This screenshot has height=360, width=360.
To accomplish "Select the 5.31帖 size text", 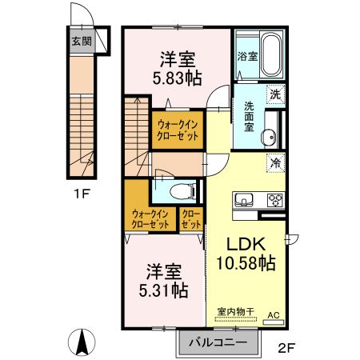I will click(x=166, y=290).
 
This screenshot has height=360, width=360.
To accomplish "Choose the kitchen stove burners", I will click(x=274, y=200).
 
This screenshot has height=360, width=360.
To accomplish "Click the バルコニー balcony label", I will click(x=218, y=342).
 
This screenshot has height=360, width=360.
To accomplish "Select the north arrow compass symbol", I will click(x=82, y=343).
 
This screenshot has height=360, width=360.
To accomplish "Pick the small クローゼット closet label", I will click(x=190, y=219).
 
